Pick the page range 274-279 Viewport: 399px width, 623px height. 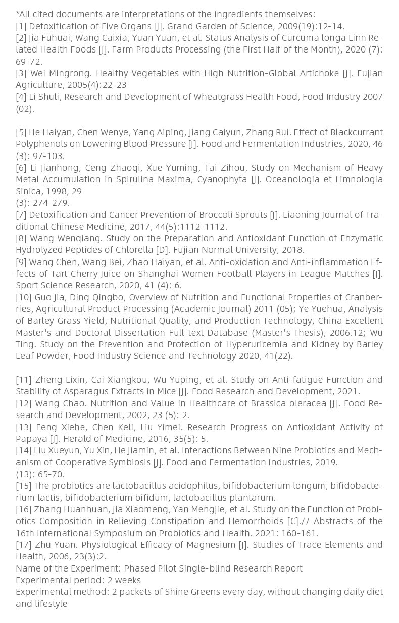click(49, 203)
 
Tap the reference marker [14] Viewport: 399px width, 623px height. click(24, 450)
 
